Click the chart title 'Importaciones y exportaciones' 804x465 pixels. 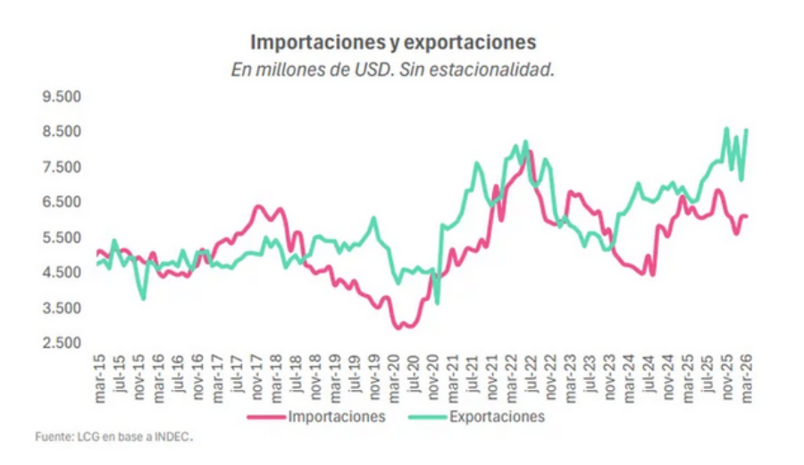393,42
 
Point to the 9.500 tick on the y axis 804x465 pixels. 62,97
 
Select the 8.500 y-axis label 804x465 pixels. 62,132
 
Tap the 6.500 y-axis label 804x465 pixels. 62,202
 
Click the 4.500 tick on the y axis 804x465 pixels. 62,273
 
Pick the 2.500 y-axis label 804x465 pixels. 62,343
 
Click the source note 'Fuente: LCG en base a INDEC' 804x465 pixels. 113,437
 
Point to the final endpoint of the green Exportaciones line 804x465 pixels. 746,131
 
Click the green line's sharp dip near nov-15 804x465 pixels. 143,298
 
